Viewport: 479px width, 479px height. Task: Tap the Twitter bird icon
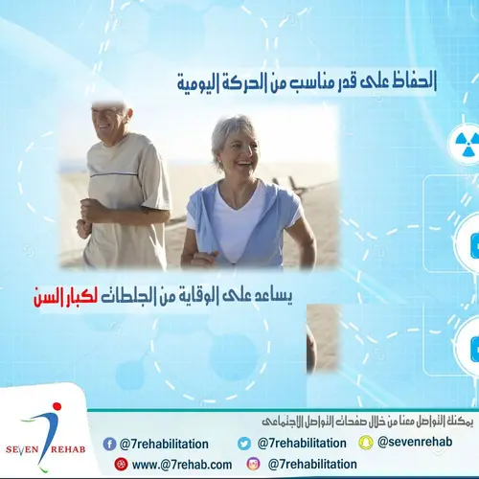click(244, 444)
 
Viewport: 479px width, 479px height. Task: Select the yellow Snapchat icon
click(364, 443)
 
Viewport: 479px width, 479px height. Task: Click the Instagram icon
click(253, 464)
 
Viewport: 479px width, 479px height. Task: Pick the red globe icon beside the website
click(121, 464)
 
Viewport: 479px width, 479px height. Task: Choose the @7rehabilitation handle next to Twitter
click(301, 444)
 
